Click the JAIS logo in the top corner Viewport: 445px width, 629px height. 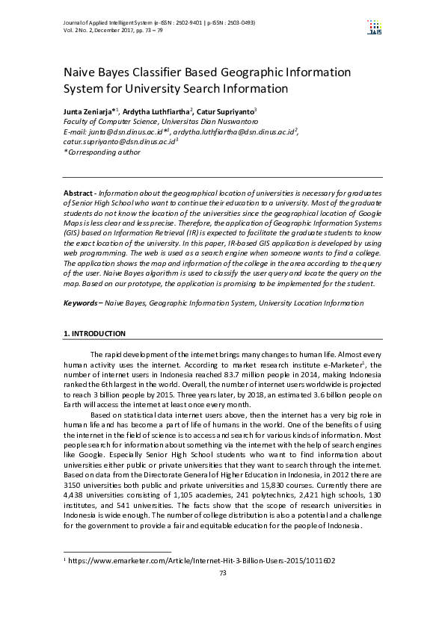click(x=374, y=28)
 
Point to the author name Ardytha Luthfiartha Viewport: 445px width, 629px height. click(x=156, y=111)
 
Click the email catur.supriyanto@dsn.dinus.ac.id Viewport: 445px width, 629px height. click(x=119, y=140)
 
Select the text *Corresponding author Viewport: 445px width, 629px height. click(x=102, y=152)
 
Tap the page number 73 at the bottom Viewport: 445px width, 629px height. click(x=222, y=573)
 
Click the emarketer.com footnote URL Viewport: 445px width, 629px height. click(x=202, y=561)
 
